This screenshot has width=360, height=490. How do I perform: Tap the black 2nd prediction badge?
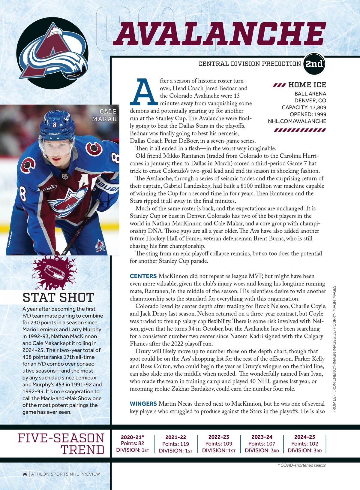314,64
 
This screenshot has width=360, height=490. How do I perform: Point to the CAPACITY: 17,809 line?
304,107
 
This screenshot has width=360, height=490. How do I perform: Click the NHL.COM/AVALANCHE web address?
297,121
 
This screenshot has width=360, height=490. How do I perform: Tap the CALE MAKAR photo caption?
104,115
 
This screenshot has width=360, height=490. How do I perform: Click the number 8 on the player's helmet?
55,124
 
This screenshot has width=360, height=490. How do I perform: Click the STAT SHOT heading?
58,297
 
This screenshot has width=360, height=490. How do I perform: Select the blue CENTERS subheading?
143,276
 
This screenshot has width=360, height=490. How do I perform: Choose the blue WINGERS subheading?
143,404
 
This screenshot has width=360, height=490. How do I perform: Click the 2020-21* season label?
132,437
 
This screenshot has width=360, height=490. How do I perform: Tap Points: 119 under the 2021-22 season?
175,444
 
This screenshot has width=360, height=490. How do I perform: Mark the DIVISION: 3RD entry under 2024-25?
304,450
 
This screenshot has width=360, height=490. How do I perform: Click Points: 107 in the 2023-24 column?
262,444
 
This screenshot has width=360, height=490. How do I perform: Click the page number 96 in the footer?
25,474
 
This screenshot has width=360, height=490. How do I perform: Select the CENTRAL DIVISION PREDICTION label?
250,64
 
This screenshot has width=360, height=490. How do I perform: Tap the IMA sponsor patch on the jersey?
49,188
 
